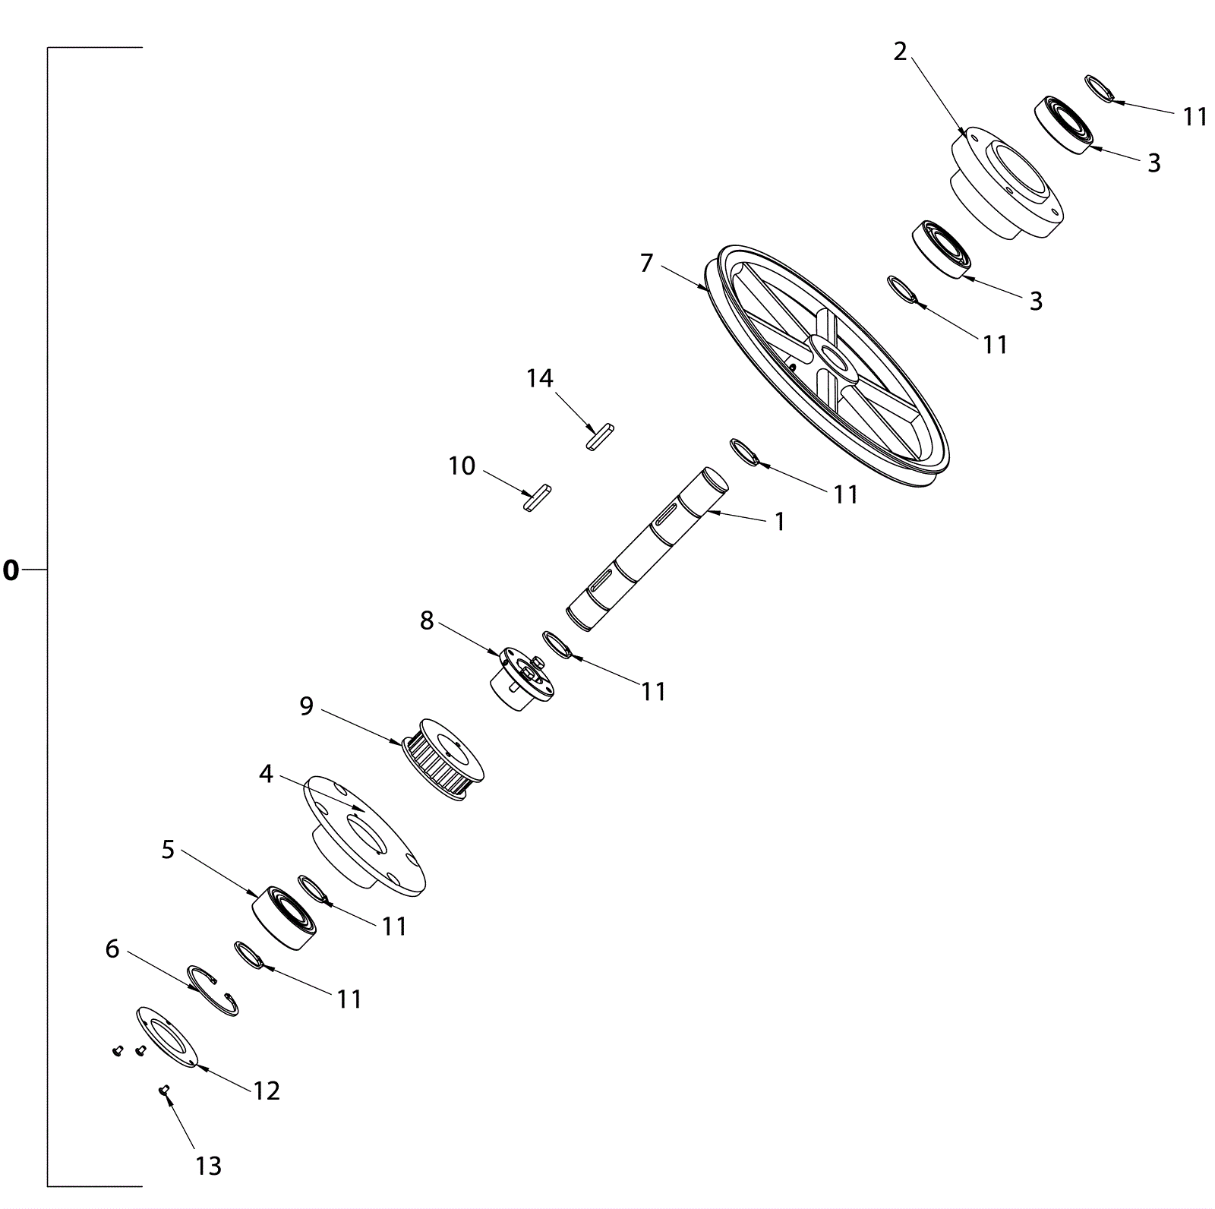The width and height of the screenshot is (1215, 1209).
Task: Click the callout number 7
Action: [646, 263]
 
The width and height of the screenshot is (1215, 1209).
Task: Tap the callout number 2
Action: [900, 52]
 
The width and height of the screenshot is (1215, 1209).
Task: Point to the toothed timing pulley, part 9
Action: [443, 759]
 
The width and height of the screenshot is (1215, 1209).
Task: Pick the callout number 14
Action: [540, 378]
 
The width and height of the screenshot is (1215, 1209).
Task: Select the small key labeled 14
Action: [600, 437]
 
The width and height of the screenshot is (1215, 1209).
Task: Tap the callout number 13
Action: [208, 1165]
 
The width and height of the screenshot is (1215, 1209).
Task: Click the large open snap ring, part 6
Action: [213, 990]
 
